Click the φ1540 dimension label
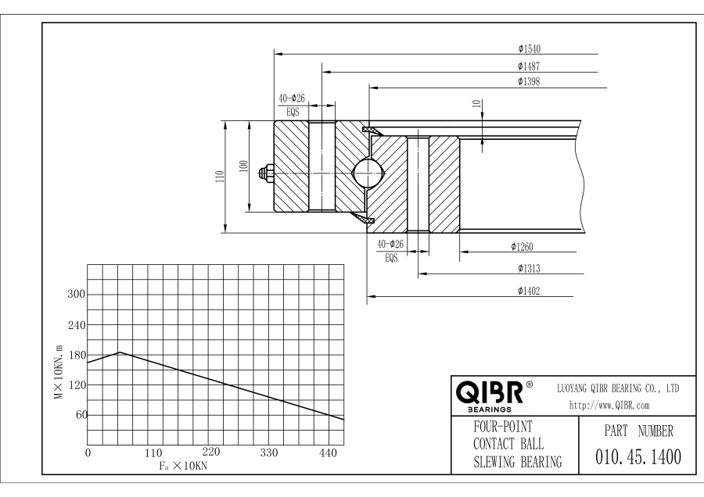529,49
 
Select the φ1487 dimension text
529,66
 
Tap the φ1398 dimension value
529,80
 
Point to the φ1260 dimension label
523,247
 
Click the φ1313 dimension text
529,269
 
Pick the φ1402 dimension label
529,291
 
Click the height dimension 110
220,177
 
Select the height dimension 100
243,166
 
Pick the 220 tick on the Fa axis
211,452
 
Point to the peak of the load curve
119,352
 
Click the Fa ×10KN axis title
180,465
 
